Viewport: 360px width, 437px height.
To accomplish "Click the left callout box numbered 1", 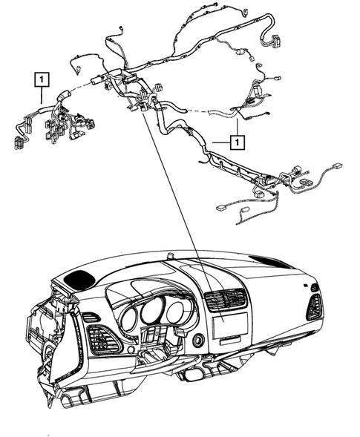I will point(42,77).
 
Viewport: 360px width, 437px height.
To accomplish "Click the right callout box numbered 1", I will point(236,140).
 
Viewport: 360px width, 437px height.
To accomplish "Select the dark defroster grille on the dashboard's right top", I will point(270,261).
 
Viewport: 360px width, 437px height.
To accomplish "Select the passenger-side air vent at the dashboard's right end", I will point(314,306).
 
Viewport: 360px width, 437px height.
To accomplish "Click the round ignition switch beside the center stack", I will point(199,341).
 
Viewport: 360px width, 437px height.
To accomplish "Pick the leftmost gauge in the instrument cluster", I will point(128,321).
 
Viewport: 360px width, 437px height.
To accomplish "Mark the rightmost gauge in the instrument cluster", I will point(175,312).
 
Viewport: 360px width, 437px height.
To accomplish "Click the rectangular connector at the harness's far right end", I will point(337,168).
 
